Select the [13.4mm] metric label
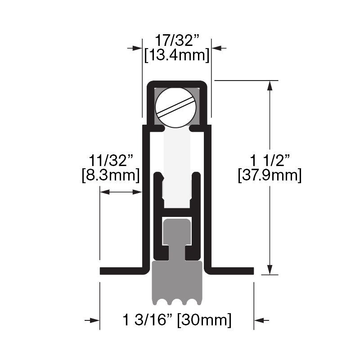point(176,55)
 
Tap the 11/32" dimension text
point(111,160)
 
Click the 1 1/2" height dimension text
point(270,160)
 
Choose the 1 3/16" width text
point(147,320)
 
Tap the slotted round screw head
point(176,108)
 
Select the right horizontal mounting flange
point(230,270)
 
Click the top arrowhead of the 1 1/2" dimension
point(270,85)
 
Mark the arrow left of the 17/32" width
point(135,47)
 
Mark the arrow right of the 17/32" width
point(219,47)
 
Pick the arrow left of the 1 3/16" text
point(93,320)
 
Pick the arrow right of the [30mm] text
point(261,320)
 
